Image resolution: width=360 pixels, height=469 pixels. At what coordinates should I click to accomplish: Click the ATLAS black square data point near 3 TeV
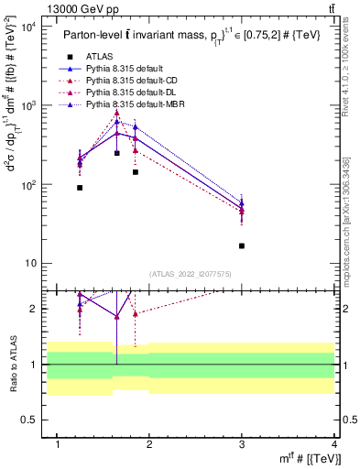242,245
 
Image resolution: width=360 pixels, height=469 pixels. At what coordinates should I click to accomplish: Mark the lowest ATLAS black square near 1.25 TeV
80,188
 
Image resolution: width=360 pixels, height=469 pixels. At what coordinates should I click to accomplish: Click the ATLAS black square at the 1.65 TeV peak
116,153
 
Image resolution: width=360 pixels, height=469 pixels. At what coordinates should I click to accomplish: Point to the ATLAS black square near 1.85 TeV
135,172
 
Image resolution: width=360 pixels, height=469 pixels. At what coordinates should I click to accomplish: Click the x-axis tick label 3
242,444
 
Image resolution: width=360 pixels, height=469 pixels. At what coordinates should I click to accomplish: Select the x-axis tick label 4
334,444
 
